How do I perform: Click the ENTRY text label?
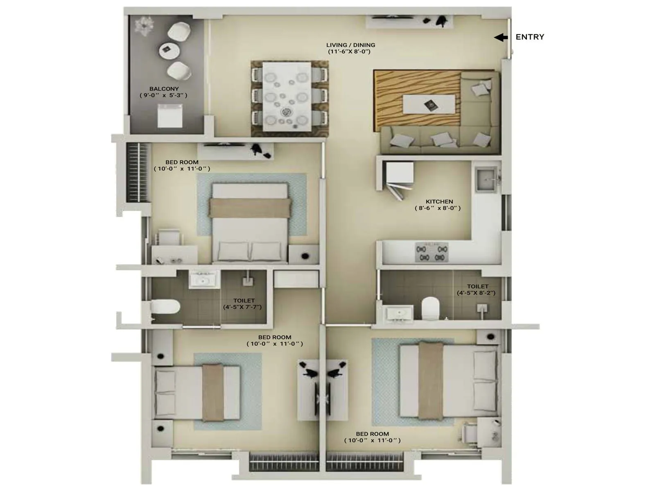coord(530,37)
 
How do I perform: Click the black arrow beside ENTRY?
coord(501,38)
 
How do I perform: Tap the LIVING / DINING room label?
coord(350,45)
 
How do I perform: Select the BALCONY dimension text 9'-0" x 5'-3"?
coord(163,95)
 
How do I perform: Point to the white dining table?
coord(286,96)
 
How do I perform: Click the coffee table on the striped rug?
coord(429,104)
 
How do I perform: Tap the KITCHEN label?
coord(439,202)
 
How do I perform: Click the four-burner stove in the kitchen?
coord(431,252)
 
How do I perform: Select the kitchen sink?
coord(486,179)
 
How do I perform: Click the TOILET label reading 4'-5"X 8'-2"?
coord(477,287)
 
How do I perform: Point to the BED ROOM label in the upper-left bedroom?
coord(182,162)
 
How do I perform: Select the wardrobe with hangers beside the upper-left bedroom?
coord(137,172)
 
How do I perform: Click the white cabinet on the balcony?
coord(170,115)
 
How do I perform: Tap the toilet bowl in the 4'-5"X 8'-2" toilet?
coord(430,309)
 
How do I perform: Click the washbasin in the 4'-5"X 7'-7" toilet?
coord(204,280)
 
